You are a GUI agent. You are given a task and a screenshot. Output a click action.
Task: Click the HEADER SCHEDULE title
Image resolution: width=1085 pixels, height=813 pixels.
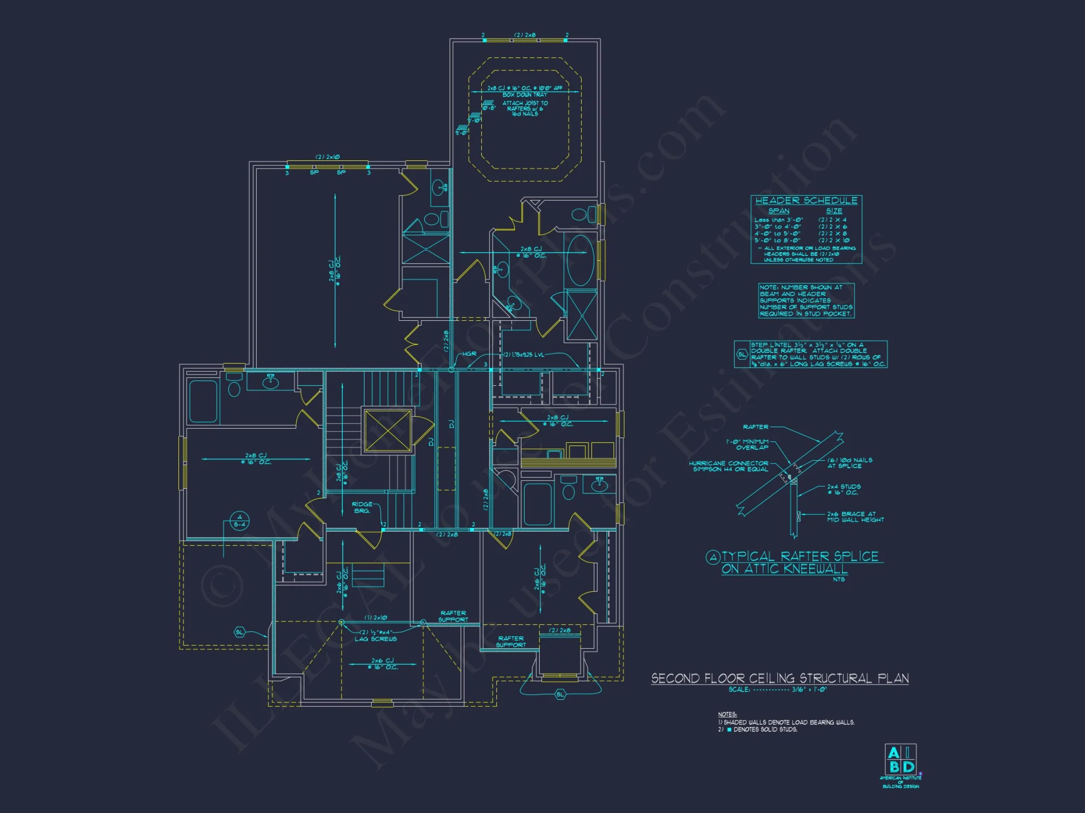tap(806, 201)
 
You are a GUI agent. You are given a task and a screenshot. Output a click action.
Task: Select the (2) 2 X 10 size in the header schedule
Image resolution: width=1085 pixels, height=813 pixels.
tap(834, 240)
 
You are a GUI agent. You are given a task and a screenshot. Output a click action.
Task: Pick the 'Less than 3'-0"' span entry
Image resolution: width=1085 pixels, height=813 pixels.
tap(778, 220)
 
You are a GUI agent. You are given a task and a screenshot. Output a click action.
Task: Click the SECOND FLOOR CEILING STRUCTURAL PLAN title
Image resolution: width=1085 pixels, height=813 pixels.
tap(780, 679)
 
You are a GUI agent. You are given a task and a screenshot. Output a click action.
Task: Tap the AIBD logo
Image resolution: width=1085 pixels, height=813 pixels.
tap(901, 760)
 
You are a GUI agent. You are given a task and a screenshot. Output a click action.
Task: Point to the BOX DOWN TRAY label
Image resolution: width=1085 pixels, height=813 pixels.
tap(525, 95)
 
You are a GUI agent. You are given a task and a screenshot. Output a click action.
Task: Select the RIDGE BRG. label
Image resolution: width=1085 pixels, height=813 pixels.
tap(362, 507)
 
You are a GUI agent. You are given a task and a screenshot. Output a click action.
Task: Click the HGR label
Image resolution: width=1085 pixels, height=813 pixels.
tap(469, 354)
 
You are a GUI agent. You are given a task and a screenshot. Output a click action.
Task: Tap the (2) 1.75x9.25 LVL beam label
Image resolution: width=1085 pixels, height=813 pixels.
tap(524, 355)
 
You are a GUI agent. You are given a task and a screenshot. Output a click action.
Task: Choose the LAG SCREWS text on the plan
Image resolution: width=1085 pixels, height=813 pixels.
tap(375, 639)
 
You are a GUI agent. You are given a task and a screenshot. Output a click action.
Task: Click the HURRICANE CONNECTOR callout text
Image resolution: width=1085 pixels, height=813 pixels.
tap(729, 466)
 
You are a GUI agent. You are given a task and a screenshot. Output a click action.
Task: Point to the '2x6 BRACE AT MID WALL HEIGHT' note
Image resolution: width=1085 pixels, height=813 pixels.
tap(855, 517)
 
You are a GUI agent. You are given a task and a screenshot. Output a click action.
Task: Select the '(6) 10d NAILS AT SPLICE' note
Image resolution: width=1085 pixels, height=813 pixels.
tap(850, 463)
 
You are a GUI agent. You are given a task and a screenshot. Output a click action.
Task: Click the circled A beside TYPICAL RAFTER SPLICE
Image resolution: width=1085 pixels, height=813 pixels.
tap(713, 557)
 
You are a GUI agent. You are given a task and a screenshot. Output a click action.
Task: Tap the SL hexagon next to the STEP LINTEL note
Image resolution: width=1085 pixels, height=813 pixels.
tap(742, 354)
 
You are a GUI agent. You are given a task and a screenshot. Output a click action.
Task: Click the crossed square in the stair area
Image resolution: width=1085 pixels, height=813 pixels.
tap(388, 430)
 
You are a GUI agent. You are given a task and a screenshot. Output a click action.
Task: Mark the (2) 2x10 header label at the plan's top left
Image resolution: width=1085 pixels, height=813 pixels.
tap(328, 157)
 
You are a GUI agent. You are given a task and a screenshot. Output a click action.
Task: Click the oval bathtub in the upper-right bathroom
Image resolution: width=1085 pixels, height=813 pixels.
tap(580, 260)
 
